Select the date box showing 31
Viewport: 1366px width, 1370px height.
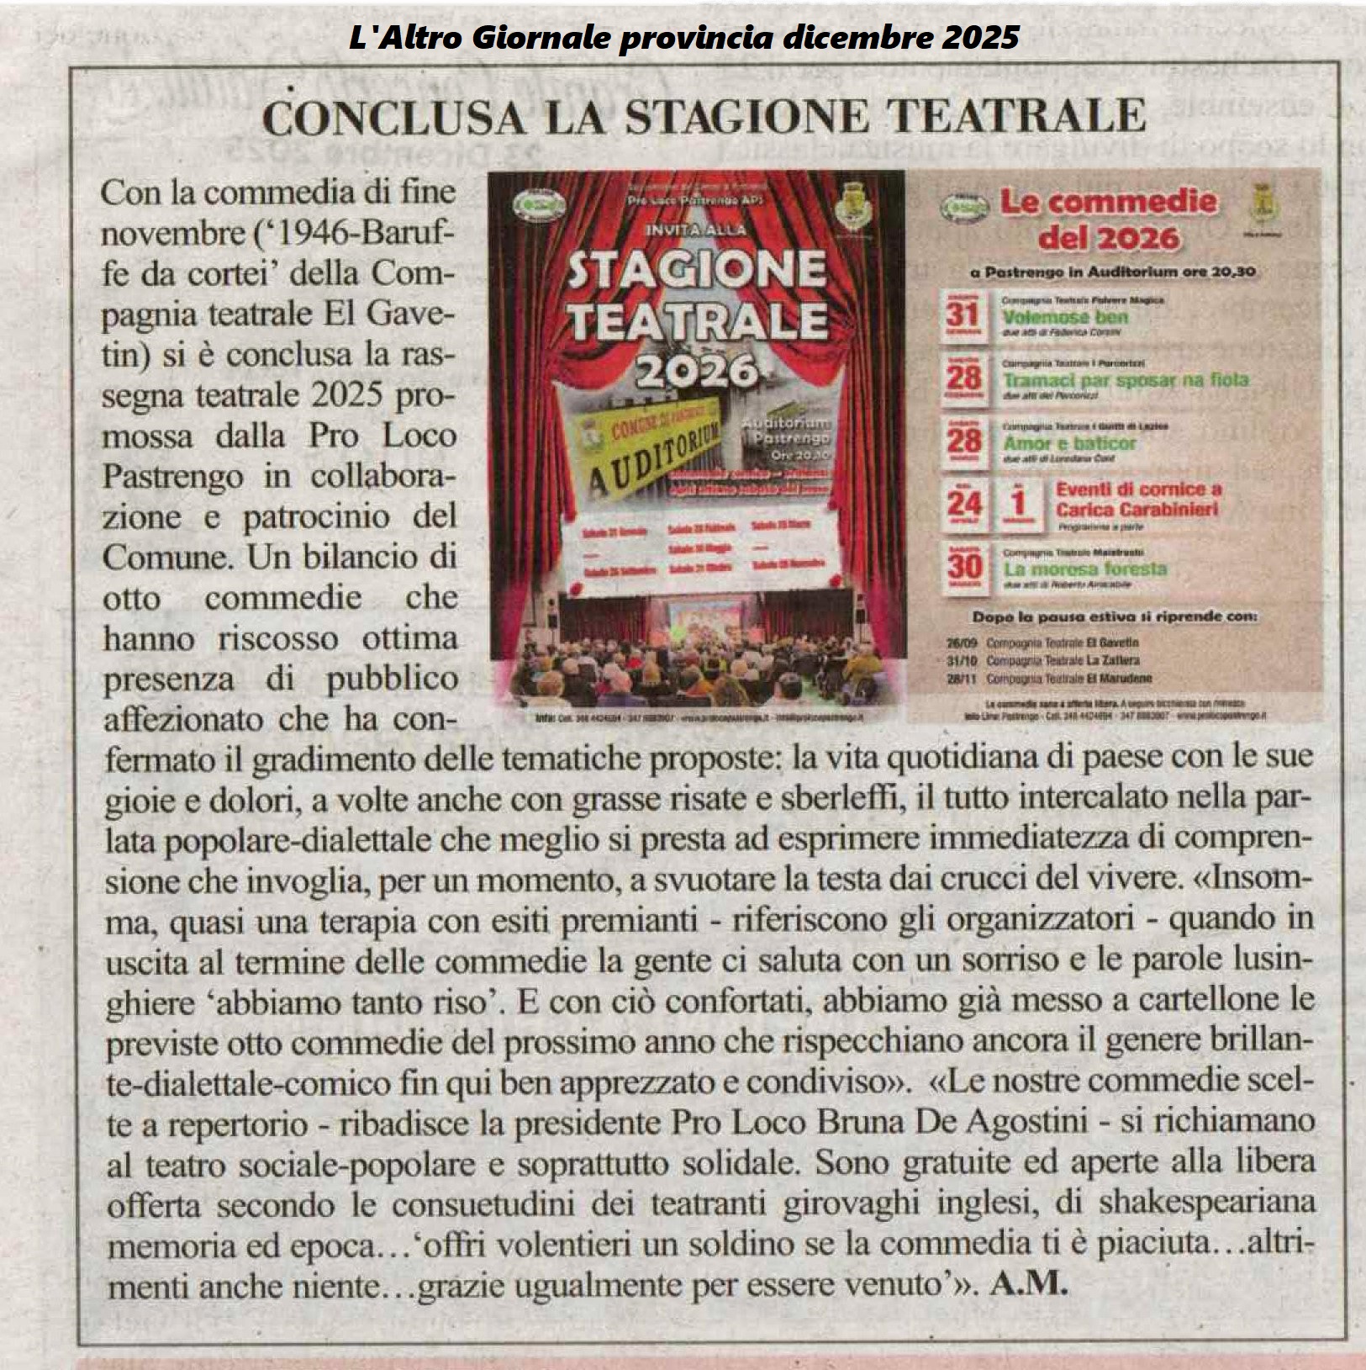coord(963,316)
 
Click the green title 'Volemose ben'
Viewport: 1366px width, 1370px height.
coord(1065,318)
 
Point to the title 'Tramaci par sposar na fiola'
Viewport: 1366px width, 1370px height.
coord(1126,380)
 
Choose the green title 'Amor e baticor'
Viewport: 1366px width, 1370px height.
coord(1069,443)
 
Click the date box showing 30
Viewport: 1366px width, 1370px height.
coord(963,567)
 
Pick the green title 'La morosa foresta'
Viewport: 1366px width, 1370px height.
coord(1084,569)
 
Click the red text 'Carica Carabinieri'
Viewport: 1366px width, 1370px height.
coord(1137,510)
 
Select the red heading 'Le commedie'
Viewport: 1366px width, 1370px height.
coord(1108,203)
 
